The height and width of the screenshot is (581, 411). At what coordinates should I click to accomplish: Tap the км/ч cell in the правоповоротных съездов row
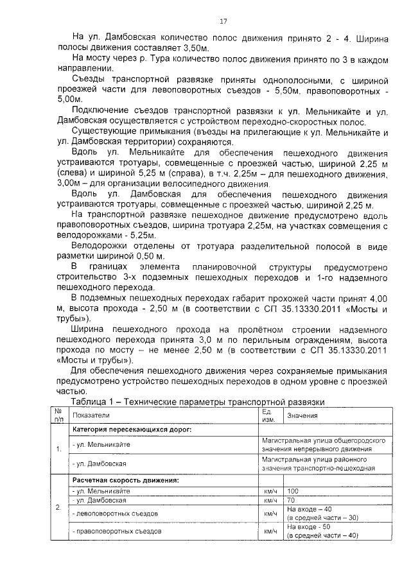[x=269, y=531]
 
